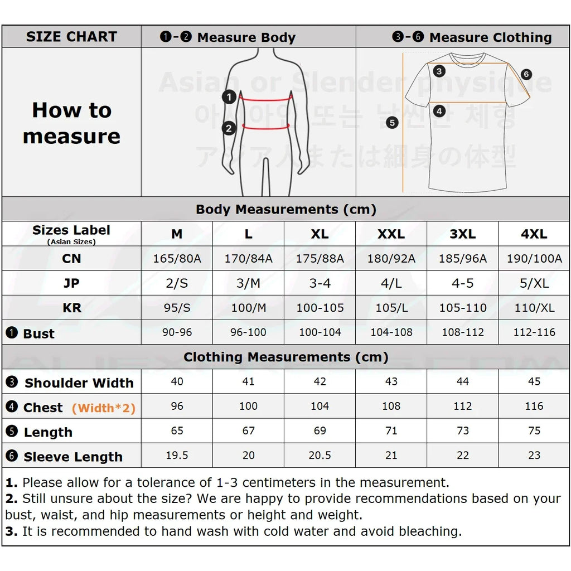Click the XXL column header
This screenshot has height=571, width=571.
pos(391,234)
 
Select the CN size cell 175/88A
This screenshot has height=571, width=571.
pos(320,259)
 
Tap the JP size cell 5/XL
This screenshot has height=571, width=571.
pos(534,283)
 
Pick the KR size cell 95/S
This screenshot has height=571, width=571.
pos(177,308)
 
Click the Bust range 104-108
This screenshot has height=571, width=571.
pos(391,332)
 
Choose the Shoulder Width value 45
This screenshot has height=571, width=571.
pos(534,381)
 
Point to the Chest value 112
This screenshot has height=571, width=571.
pos(462,406)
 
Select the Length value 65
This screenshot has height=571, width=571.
pos(177,430)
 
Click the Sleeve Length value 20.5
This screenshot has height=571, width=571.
pos(320,455)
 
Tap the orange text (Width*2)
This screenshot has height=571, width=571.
pos(104,408)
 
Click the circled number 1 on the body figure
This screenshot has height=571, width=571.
pos(229,97)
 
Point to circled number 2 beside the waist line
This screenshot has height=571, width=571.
pos(229,129)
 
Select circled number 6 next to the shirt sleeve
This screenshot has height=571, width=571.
pos(526,74)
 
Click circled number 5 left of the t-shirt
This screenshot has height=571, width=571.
pos(392,123)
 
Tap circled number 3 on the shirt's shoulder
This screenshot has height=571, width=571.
pos(439,71)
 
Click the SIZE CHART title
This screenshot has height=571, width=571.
pos(71,37)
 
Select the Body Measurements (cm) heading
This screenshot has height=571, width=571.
pos(285,210)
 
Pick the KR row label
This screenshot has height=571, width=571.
pos(71,308)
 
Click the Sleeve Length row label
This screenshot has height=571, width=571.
pos(72,457)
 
